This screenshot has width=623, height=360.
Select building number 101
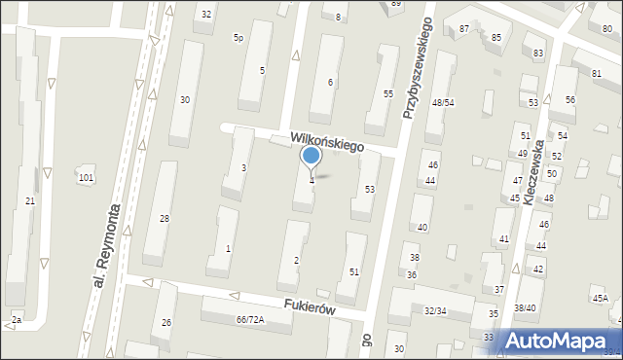tap(87, 177)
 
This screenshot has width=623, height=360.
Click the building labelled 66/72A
tap(250, 319)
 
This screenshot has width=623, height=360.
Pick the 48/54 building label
tap(444, 102)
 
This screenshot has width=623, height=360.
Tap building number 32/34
tap(434, 310)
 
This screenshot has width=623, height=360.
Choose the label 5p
tap(238, 37)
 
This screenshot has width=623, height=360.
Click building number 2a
tap(16, 319)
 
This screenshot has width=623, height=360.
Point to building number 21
tap(30, 200)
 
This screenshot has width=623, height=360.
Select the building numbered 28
tap(165, 218)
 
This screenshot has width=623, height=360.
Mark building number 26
tap(167, 322)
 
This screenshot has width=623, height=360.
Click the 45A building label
tap(599, 298)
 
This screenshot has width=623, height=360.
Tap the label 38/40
tap(525, 307)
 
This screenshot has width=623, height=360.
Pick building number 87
tap(464, 29)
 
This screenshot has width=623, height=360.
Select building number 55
tap(387, 93)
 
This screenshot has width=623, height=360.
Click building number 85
tap(496, 37)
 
